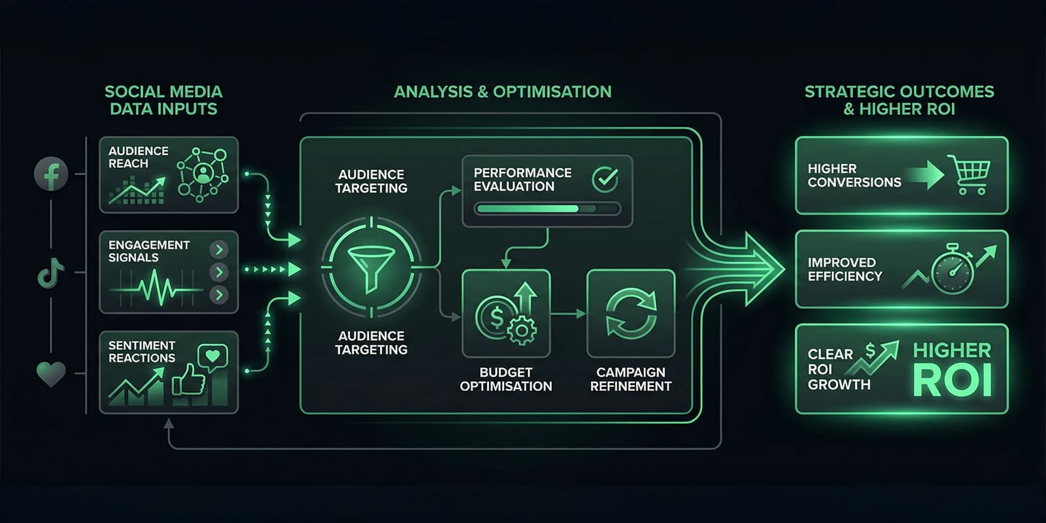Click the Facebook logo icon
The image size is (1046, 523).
tap(51, 174)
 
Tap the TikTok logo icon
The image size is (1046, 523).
tap(50, 273)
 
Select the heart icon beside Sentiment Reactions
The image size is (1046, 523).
tap(51, 374)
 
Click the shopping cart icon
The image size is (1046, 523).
tap(971, 175)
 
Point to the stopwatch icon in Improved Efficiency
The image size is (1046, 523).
tap(953, 269)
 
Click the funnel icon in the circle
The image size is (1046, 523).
tap(371, 268)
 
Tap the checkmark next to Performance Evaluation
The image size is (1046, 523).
tap(605, 178)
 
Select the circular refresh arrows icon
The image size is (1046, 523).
tap(631, 314)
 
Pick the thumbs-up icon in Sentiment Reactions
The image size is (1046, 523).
tap(188, 379)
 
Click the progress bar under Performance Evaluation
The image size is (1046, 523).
tap(547, 209)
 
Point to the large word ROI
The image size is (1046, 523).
tap(952, 381)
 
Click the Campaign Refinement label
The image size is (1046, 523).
tap(630, 379)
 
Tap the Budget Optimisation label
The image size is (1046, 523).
tap(506, 379)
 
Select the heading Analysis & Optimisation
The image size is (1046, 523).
tap(503, 92)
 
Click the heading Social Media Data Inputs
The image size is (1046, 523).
tap(163, 100)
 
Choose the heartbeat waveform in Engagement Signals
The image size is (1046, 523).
tap(157, 288)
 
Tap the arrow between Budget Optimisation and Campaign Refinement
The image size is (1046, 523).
tap(568, 314)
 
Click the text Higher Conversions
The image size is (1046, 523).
tap(854, 175)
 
